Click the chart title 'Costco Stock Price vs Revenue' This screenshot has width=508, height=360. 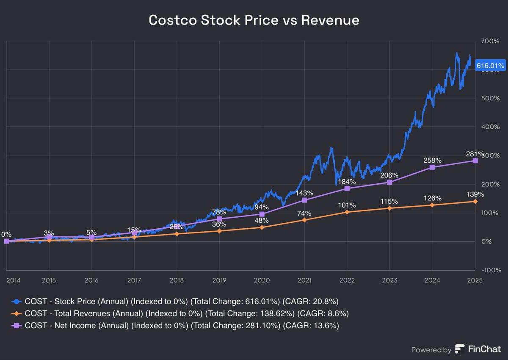[x=254, y=20]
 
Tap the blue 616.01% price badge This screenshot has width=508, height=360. [x=490, y=66]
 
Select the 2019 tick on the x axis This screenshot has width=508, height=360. [x=219, y=280]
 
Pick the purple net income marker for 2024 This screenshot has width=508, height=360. [x=432, y=167]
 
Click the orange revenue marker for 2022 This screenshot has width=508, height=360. [x=347, y=212]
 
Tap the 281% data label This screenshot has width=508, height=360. [x=475, y=153]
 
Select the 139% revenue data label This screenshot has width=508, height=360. [x=475, y=194]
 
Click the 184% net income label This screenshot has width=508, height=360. [x=347, y=181]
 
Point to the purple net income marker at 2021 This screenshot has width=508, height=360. [x=304, y=200]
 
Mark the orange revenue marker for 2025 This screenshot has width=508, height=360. [x=475, y=202]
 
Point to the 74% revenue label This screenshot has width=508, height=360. [x=304, y=213]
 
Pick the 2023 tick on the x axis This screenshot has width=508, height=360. [x=389, y=280]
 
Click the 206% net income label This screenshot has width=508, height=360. [x=389, y=175]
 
